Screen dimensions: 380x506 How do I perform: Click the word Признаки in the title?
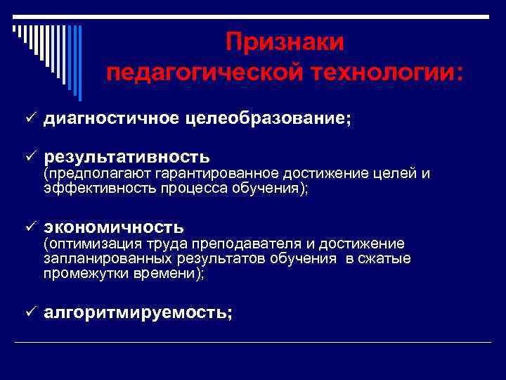click(285, 42)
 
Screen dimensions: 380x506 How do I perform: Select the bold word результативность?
click(126, 155)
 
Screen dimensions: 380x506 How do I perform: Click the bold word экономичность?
click(114, 227)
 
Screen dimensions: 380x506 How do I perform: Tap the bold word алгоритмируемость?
click(138, 314)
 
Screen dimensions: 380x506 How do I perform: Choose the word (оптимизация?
click(84, 244)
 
